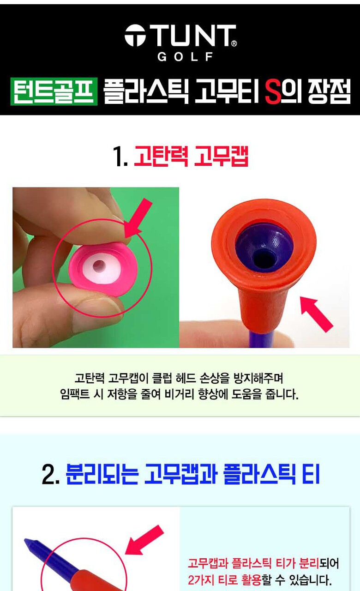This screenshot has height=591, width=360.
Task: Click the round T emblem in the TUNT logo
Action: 135,36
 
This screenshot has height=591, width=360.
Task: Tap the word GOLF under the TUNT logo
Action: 185,57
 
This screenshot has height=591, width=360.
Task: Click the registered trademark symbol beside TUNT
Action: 234,43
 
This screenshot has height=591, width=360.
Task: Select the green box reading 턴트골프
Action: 54,91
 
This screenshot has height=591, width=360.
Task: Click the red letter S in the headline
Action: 273,92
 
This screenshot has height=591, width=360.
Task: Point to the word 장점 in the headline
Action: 329,92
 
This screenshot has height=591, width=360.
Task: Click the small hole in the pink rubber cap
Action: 99,265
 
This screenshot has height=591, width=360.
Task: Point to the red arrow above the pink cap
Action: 138,218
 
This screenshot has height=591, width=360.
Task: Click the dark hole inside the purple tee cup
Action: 264,258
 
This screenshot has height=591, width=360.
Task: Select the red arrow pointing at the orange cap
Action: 317,314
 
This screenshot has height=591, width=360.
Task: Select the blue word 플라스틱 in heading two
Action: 259,474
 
